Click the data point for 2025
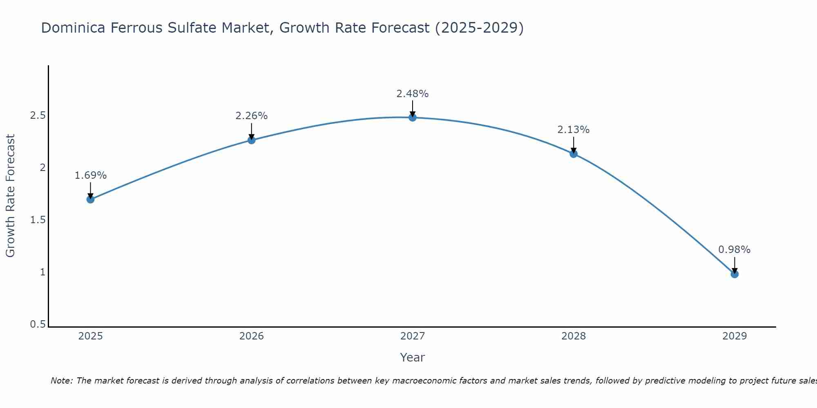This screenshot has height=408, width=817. (91, 200)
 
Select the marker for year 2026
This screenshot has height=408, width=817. (252, 140)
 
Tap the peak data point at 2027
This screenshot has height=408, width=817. (413, 118)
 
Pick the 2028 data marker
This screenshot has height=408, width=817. (574, 154)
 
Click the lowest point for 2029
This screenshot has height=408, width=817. (734, 274)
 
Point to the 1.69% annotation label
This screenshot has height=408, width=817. (91, 175)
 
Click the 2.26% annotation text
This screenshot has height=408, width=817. (252, 116)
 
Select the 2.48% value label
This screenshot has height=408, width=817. (413, 94)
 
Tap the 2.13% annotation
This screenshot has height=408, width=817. (574, 130)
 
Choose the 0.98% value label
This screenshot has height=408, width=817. (734, 250)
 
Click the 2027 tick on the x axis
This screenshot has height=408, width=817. (413, 336)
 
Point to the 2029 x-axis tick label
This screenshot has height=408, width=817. (734, 336)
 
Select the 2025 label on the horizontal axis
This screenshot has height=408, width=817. (91, 336)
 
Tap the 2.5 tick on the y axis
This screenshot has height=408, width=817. (38, 115)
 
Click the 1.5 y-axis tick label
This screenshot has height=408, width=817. (38, 220)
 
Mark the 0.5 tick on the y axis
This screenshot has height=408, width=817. (38, 324)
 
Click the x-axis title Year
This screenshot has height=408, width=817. (413, 357)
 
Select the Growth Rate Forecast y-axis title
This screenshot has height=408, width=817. (10, 196)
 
